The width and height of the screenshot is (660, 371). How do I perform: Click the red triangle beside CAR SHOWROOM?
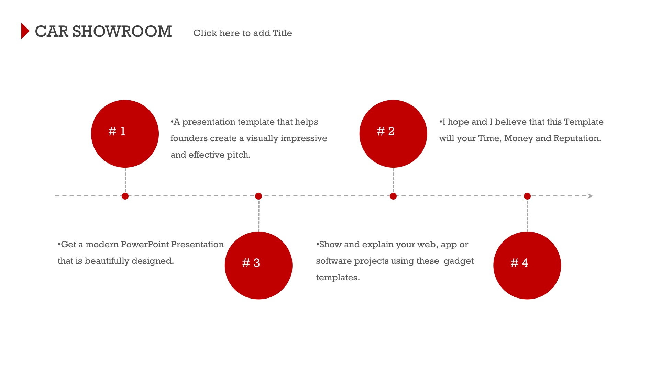(x=25, y=31)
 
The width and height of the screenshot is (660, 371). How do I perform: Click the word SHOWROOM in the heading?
(x=122, y=32)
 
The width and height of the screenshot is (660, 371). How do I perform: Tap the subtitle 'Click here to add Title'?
(x=243, y=33)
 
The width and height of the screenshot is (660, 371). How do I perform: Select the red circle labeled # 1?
(x=125, y=134)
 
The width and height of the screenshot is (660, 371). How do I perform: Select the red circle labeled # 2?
(x=393, y=134)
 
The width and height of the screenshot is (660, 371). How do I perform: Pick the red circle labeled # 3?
(x=258, y=266)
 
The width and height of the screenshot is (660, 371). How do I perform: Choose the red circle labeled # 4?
(x=527, y=266)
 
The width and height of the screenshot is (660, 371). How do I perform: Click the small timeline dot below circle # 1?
(x=125, y=196)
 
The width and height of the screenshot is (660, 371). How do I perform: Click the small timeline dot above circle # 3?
(x=258, y=196)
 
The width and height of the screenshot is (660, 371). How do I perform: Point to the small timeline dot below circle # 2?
(x=393, y=196)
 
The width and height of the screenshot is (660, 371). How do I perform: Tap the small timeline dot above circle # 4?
(x=527, y=196)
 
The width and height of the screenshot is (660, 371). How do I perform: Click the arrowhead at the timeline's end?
(x=591, y=196)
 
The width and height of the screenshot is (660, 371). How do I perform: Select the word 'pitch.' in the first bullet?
(x=239, y=155)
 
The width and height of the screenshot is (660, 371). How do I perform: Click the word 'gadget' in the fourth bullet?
(x=459, y=261)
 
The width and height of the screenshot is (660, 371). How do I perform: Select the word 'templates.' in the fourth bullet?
(x=338, y=278)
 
